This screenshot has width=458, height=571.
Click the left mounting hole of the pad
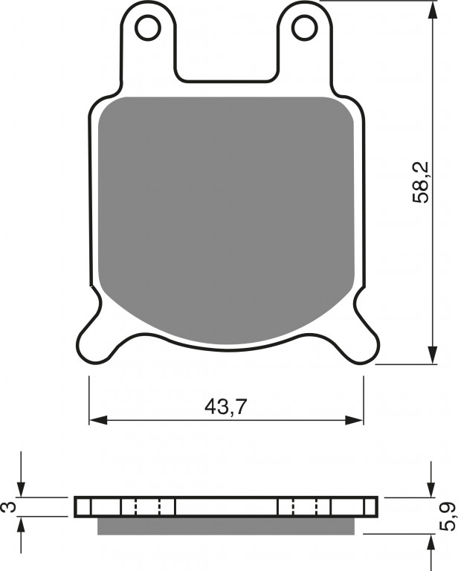148,28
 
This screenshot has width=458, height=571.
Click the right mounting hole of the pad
305,28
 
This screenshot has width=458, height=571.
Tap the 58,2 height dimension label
421,182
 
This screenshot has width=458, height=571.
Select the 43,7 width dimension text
226,407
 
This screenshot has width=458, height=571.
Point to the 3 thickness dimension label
11,507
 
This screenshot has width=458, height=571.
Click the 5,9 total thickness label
448,517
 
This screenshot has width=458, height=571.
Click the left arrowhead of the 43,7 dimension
99,420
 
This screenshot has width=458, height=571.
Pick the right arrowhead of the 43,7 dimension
354,420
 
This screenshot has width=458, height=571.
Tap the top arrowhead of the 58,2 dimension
432,9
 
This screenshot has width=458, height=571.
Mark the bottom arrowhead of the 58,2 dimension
432,355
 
